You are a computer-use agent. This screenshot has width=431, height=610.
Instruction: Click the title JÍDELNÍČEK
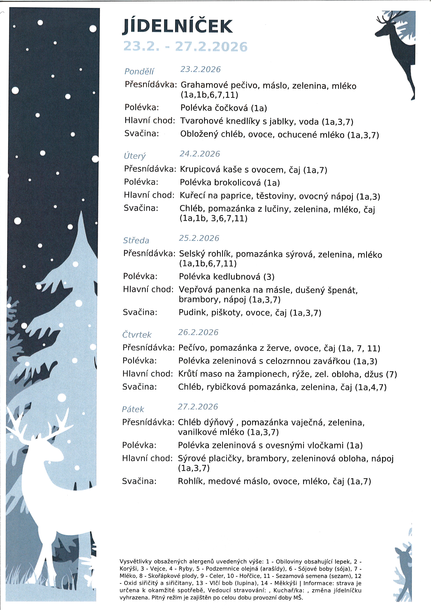(177, 27)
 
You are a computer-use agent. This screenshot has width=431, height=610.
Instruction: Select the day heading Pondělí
(139, 71)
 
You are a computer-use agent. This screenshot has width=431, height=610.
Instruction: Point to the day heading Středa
(136, 240)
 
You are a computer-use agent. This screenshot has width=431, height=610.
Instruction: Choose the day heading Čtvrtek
(137, 335)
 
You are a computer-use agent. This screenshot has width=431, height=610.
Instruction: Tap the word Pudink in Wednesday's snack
(193, 312)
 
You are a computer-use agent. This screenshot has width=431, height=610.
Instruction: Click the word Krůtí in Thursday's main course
(188, 374)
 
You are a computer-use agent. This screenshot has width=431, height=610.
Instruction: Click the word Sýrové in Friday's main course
(191, 459)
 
